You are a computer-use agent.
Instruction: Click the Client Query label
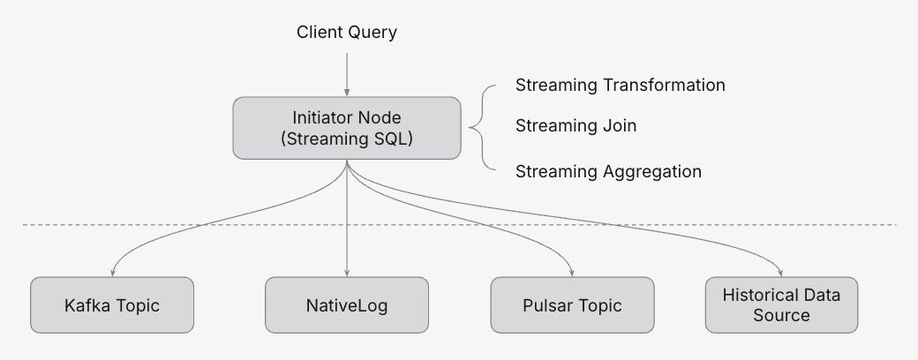point(346,33)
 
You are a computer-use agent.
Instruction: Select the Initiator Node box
point(346,128)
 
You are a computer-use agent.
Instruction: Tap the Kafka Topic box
point(112,305)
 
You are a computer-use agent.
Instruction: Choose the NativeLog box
point(346,305)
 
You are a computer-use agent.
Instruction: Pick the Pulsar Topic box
point(573,305)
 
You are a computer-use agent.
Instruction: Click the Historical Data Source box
point(781,305)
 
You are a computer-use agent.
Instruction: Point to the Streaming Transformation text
point(620,86)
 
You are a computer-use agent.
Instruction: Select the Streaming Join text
point(576,126)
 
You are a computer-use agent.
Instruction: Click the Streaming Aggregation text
point(608,171)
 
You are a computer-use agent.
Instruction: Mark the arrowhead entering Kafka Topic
point(113,272)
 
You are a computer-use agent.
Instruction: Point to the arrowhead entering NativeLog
point(346,272)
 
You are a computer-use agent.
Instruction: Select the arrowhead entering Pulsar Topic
point(573,272)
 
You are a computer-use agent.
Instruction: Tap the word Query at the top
point(372,33)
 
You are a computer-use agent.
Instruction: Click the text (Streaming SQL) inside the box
point(346,139)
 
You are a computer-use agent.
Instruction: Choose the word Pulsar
point(546,305)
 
